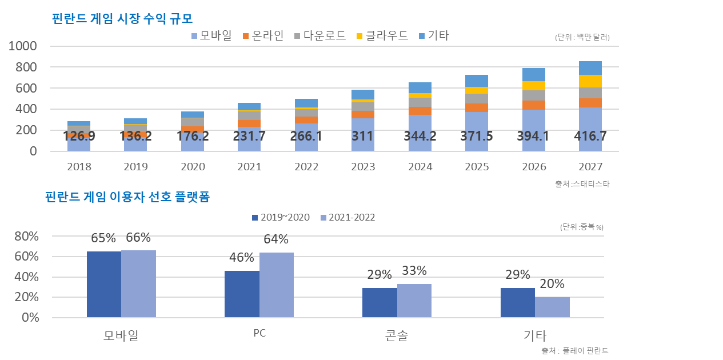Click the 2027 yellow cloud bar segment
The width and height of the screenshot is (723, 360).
click(590, 81)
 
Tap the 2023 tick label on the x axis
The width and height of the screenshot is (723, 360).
click(363, 167)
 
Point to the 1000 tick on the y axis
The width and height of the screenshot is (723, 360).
click(23, 46)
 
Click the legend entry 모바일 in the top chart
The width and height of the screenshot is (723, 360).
click(211, 36)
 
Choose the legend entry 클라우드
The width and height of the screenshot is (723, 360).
click(382, 36)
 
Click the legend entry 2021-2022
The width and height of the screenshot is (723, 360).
click(348, 218)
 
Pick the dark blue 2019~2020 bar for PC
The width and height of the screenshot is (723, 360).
click(242, 294)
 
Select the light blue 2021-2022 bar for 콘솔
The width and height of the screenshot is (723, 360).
click(414, 301)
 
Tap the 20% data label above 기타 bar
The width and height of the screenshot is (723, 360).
click(552, 284)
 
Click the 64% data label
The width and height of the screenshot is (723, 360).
click(276, 240)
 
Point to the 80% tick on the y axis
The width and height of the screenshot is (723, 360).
click(26, 237)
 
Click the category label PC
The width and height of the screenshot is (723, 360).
click(259, 334)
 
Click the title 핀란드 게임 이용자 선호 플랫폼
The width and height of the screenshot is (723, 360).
click(127, 198)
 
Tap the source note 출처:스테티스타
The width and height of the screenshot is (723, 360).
click(578, 184)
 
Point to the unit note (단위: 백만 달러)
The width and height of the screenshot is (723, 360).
click(582, 38)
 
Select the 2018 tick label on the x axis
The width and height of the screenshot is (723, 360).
click(79, 167)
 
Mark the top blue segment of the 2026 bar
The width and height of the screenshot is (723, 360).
click(533, 74)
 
